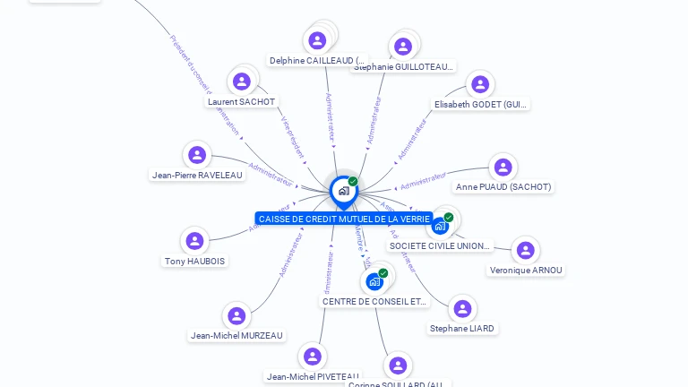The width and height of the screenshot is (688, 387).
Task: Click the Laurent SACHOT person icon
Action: coord(242,82)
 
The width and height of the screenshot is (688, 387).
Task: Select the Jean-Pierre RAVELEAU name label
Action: coord(197,176)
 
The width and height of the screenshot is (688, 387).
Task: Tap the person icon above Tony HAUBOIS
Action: coord(194,241)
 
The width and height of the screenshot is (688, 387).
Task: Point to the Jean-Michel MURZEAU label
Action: coord(236,336)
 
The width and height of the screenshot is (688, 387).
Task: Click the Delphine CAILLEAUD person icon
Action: coord(317,40)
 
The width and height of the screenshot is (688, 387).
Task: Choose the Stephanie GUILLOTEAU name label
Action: coord(403,66)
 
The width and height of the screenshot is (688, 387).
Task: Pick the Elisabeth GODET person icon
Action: coord(480,84)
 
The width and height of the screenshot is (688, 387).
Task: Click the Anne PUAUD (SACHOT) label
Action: coord(503,187)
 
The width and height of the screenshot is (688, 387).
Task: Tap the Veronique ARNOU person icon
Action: coord(526,250)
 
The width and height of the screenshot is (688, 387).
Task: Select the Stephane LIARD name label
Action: coord(461,329)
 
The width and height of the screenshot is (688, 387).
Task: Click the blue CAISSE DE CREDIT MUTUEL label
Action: coord(343,219)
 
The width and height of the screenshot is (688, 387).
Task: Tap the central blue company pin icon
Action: coord(343,190)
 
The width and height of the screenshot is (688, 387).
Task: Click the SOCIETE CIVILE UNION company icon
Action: coord(440,226)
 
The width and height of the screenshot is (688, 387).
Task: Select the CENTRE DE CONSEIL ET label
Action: coord(374,302)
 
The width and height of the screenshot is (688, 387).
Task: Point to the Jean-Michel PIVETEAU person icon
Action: coord(312,357)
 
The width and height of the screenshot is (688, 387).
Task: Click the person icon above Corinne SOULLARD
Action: coord(398,365)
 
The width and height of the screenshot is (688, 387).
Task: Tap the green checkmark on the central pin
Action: coord(353,182)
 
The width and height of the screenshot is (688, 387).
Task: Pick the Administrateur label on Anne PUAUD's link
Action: coord(422,182)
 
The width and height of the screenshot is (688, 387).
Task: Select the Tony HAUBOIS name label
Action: coord(194,262)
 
